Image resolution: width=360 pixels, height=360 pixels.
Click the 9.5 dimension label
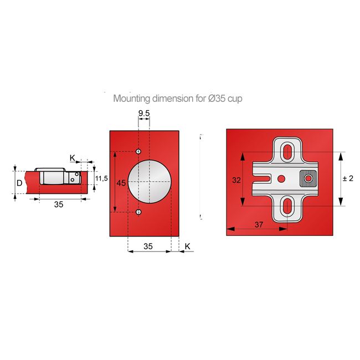pyautogui.click(x=143, y=113)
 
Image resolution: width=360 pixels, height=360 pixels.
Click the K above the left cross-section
pyautogui.click(x=72, y=158)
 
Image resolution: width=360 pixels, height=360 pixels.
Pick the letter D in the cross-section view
pyautogui.click(x=19, y=182)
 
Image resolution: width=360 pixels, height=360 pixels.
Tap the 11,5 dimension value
pyautogui.click(x=101, y=178)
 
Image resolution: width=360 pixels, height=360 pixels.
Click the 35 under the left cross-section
pyautogui.click(x=59, y=204)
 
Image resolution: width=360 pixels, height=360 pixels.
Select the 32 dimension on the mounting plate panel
pyautogui.click(x=236, y=179)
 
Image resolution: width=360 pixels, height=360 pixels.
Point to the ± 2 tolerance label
pyautogui.click(x=348, y=178)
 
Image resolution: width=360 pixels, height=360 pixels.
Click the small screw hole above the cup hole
pyautogui.click(x=138, y=151)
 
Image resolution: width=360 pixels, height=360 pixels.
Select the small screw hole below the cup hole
pyautogui.click(x=138, y=212)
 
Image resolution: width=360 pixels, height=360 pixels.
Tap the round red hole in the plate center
pyautogui.click(x=281, y=178)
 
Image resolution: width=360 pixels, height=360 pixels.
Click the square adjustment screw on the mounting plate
pyautogui.click(x=307, y=178)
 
